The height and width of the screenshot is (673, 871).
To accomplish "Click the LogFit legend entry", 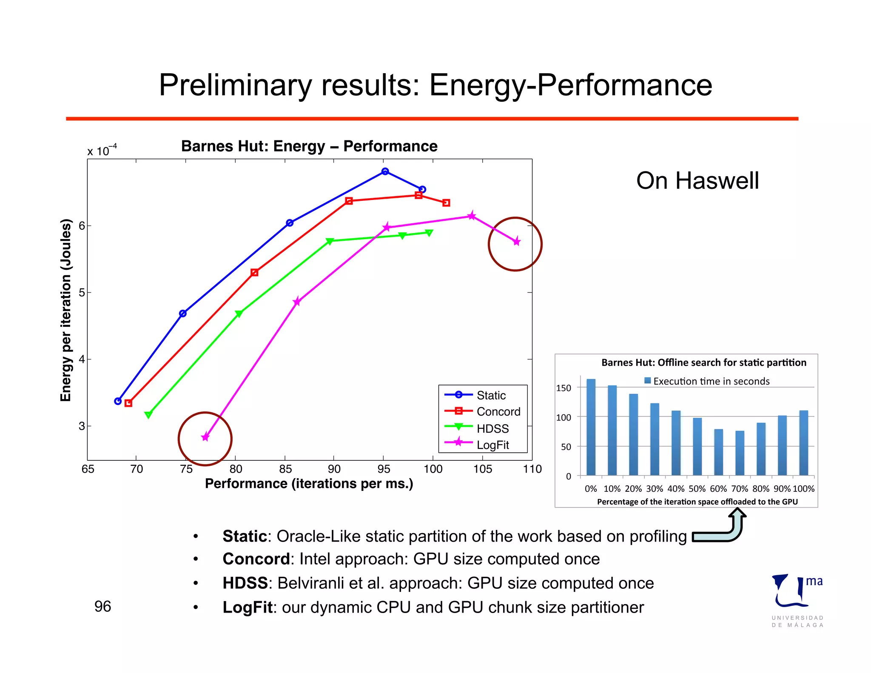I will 492,445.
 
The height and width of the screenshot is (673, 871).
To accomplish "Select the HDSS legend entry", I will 492,428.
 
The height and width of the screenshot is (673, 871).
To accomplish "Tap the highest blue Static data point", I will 385,171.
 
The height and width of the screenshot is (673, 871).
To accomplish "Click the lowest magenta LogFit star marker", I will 205,437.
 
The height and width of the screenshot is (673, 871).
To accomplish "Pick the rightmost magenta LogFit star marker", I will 517,242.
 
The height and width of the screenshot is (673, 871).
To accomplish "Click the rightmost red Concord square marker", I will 446,203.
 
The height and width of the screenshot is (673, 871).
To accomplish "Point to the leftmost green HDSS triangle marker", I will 148,414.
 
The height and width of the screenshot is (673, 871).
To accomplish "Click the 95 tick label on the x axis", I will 384,469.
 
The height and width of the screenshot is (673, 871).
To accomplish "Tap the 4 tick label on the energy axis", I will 82,359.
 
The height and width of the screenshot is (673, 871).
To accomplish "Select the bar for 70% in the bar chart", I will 740,453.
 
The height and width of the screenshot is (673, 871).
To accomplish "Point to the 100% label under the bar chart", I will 803,489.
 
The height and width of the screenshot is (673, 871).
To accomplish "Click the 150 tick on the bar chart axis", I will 564,388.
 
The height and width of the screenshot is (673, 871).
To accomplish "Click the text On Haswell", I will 697,181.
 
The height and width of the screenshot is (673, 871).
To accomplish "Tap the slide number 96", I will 102,607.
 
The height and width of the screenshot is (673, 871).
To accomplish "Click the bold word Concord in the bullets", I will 256,559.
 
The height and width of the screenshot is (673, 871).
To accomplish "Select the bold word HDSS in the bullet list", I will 245,583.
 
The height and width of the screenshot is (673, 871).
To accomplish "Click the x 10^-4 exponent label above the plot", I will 102,151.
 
